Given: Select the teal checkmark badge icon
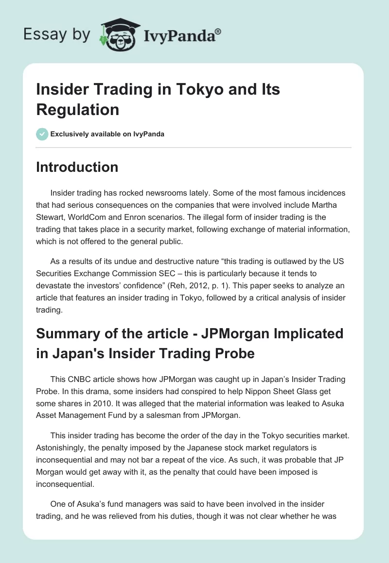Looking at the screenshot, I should tap(42, 134).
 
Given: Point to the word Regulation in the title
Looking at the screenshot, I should tap(78, 110).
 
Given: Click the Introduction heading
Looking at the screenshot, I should tap(77, 167).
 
